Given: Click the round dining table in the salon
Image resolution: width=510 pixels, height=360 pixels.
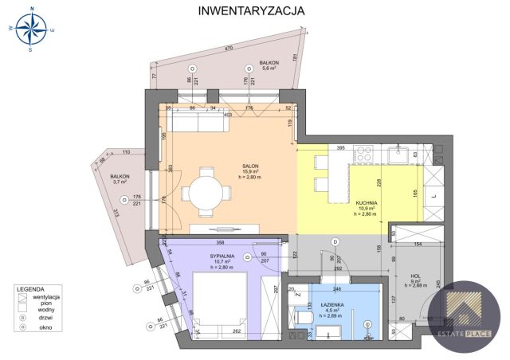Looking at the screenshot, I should (206, 192).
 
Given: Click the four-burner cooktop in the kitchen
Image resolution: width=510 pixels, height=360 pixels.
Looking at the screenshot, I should (363, 156).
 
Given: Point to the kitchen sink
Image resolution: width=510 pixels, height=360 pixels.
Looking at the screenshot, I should (399, 155).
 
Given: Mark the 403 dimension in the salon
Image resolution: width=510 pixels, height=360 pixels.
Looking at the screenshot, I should (227, 115).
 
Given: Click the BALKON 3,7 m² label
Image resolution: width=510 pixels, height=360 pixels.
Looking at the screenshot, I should (120, 178).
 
